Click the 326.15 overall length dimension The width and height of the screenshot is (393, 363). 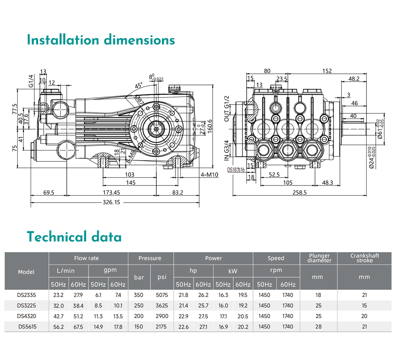[x=111, y=202]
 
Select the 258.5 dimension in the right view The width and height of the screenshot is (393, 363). [x=299, y=192]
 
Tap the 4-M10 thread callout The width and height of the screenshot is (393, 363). [x=209, y=174]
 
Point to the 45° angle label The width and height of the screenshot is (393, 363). [x=139, y=85]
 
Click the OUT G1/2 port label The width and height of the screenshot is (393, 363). [x=227, y=108]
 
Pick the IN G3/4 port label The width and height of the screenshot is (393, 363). [x=227, y=150]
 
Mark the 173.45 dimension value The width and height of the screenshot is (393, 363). [x=111, y=192]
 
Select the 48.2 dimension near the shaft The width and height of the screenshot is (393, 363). [x=354, y=79]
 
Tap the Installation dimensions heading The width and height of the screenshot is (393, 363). [x=101, y=40]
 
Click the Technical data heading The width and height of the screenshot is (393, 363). [x=74, y=237]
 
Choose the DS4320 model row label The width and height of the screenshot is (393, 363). [x=26, y=316]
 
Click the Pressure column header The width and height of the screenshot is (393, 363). [x=150, y=258]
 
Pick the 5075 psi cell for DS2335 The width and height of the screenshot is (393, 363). [x=162, y=295]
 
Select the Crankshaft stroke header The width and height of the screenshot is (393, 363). [x=365, y=258]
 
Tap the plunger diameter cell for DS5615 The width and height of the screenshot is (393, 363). [x=318, y=327]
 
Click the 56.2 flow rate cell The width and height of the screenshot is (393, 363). [x=59, y=327]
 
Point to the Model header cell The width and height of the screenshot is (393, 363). [x=26, y=272]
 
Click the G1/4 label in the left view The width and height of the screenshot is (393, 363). [x=31, y=81]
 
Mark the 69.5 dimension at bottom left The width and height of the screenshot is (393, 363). [x=49, y=192]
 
